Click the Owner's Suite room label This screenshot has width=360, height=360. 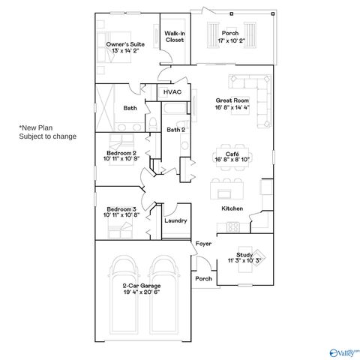pyautogui.click(x=125, y=45)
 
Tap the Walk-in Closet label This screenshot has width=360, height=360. pyautogui.click(x=175, y=37)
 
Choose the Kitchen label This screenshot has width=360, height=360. pyautogui.click(x=231, y=208)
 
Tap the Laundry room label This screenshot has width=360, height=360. pyautogui.click(x=175, y=220)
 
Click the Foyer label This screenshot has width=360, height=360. pyautogui.click(x=203, y=244)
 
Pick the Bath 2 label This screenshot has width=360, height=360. pyautogui.click(x=175, y=130)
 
